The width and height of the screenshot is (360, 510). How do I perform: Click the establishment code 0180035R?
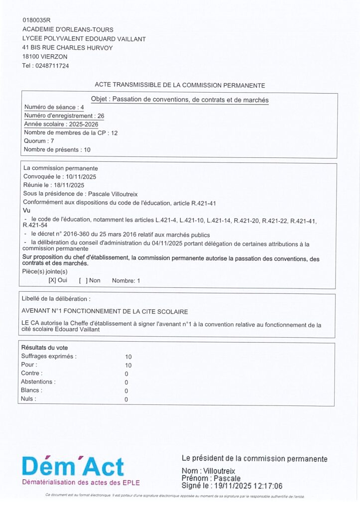coord(36,20)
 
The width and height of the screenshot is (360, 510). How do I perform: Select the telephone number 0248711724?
coord(51,66)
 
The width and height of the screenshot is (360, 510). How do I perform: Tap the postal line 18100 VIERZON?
coord(45,57)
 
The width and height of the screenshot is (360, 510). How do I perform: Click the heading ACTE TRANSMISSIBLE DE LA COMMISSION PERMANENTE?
coord(180,85)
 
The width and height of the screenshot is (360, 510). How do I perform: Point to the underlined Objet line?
coord(180,100)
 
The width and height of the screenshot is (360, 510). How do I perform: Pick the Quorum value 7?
coord(52,141)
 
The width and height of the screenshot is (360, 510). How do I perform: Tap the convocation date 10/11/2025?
coord(81,177)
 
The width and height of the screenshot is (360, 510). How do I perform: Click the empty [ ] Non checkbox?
coord(83,280)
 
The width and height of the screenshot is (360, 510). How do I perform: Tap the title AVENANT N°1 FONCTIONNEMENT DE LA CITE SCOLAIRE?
coord(105,311)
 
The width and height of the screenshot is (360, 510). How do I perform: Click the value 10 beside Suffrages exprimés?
coord(128,357)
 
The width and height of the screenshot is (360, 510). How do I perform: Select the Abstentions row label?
coord(38,382)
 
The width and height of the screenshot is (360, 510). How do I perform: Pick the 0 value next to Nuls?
coord(126,399)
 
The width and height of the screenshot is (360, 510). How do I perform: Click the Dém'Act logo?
coord(73,467)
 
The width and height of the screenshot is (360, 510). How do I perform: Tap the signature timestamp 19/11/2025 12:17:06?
coord(246,486)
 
